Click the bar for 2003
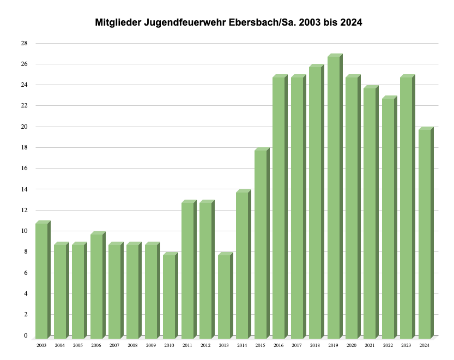(42, 281)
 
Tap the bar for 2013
(224, 297)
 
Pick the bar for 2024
(425, 233)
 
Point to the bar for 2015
(261, 244)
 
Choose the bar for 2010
(170, 297)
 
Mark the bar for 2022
(388, 218)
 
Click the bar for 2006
(96, 286)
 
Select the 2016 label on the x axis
(279, 345)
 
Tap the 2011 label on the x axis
(187, 345)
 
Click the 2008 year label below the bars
(132, 345)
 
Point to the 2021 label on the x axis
(370, 345)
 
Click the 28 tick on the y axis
(25, 43)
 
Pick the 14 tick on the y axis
(25, 189)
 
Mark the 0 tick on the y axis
(26, 335)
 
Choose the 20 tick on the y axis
(25, 127)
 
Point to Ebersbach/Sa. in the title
(259, 23)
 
